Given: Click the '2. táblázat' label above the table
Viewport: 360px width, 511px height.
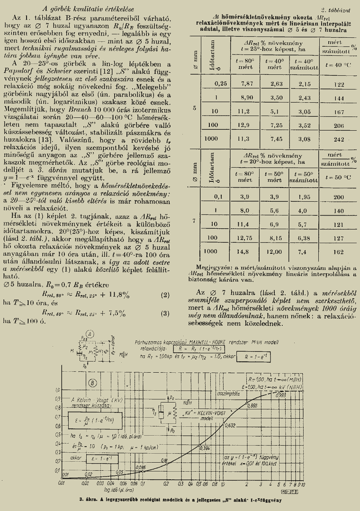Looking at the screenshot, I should pos(335,9).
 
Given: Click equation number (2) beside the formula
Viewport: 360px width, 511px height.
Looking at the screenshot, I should pos(165,295).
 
